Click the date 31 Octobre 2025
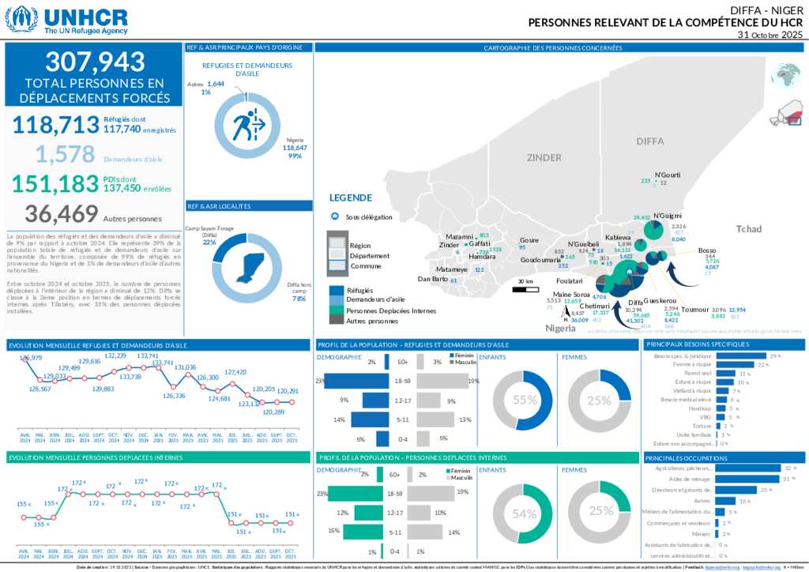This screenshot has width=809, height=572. (769, 36)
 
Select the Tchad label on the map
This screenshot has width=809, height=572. (749, 229)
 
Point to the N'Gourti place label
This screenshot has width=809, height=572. (668, 175)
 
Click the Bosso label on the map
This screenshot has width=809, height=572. (707, 250)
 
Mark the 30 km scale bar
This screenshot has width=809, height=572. (525, 289)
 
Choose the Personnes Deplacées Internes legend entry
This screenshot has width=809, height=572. (391, 311)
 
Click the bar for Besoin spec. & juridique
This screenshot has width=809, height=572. (741, 356)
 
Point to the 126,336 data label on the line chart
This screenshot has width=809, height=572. (175, 396)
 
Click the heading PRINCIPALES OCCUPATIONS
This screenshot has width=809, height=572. (686, 458)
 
